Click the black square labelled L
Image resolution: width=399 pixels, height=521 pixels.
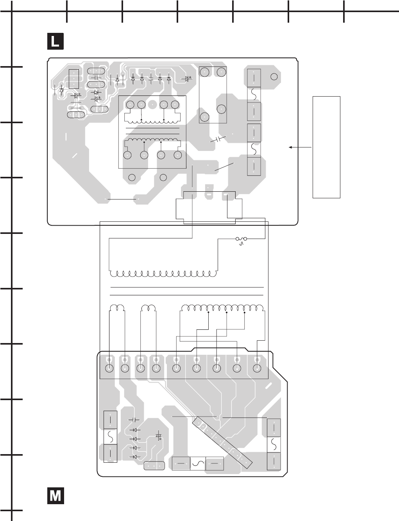55,41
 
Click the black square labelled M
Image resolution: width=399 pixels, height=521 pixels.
55,496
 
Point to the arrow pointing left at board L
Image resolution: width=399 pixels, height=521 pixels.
300,147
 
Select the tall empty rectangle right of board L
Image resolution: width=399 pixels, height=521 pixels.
326,147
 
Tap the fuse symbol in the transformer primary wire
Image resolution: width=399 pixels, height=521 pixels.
241,239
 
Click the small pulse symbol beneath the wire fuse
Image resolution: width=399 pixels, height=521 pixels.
242,244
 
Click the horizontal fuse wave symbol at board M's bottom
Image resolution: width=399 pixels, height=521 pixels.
198,464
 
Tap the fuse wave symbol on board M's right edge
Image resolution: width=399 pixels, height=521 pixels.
274,444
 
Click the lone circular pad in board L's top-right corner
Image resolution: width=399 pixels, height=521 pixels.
274,77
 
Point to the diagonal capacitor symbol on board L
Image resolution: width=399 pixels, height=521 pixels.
218,139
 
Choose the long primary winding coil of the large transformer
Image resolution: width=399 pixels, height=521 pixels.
163,273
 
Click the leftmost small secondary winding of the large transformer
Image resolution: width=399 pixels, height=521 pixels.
117,307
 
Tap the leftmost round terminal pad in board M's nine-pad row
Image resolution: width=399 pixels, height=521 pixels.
109,368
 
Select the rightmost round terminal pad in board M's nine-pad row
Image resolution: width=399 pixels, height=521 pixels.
257,368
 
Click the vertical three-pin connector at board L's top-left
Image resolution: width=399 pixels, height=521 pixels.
74,79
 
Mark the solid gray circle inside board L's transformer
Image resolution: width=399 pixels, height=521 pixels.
152,104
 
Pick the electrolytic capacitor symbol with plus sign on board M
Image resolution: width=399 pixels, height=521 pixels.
159,437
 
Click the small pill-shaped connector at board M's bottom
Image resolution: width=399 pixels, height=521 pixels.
154,465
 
